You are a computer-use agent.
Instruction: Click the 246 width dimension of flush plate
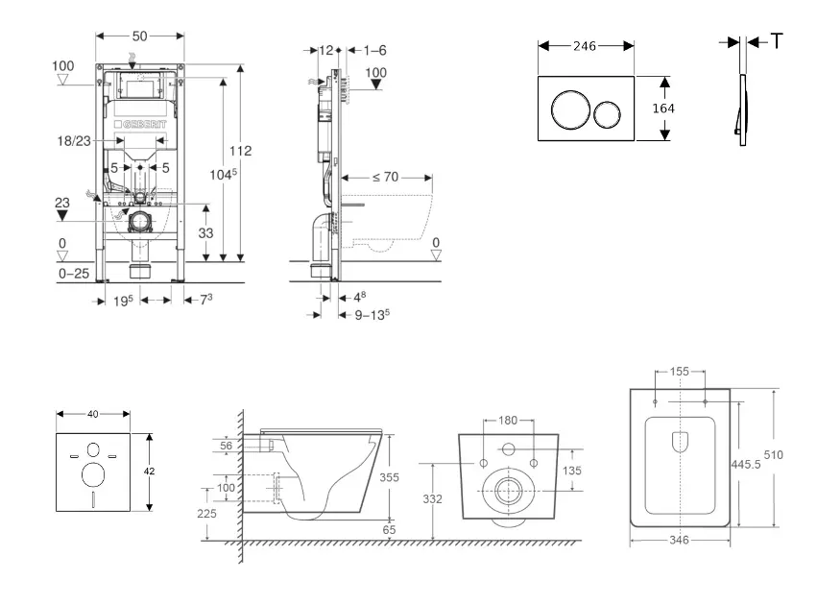click(x=585, y=45)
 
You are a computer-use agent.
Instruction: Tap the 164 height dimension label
click(x=663, y=109)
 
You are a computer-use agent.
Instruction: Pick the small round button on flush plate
click(x=607, y=114)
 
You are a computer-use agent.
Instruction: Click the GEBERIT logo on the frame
click(x=140, y=126)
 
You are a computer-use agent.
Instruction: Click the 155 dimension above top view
click(x=679, y=370)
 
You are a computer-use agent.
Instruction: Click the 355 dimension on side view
click(x=389, y=476)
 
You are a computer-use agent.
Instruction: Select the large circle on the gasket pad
click(x=94, y=474)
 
